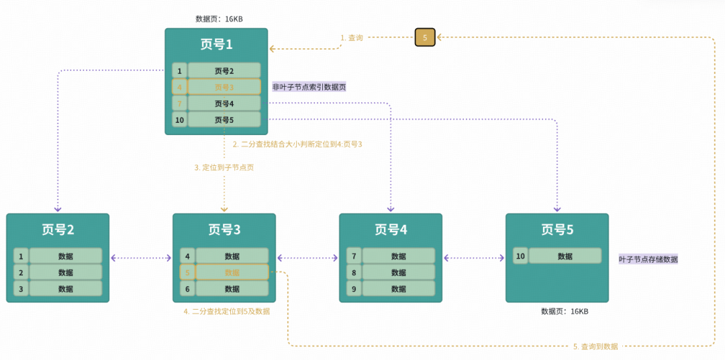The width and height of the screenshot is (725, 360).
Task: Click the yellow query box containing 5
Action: click(x=425, y=38)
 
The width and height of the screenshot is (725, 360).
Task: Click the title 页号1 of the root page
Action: click(x=216, y=44)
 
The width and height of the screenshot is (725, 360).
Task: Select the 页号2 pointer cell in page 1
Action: click(x=224, y=71)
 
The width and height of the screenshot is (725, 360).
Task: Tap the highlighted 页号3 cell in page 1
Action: click(x=224, y=87)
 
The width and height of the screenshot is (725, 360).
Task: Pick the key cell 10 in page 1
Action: click(x=179, y=120)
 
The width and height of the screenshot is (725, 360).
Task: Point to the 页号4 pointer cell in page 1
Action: click(x=224, y=103)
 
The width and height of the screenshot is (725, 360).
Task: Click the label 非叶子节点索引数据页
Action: click(x=309, y=87)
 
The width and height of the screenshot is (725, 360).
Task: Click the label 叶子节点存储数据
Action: click(x=648, y=259)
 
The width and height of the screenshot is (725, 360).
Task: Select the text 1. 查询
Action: click(x=352, y=38)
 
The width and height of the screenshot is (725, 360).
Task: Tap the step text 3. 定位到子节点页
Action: click(x=224, y=167)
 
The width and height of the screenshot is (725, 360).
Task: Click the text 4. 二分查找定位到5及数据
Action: click(x=227, y=312)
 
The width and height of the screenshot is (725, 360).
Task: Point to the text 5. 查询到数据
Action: click(x=595, y=347)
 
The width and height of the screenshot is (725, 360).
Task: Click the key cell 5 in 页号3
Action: click(x=187, y=273)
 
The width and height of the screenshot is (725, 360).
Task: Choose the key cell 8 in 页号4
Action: click(x=354, y=273)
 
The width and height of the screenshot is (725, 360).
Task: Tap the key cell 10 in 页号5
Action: click(x=520, y=256)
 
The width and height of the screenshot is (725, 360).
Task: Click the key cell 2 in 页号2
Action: click(x=21, y=273)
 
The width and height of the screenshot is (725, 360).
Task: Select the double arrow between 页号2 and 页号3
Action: click(x=141, y=257)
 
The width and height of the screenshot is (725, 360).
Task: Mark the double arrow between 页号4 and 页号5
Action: click(x=474, y=257)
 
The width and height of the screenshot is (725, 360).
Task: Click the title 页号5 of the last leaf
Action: click(x=557, y=230)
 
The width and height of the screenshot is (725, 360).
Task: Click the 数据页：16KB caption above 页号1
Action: click(x=219, y=19)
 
